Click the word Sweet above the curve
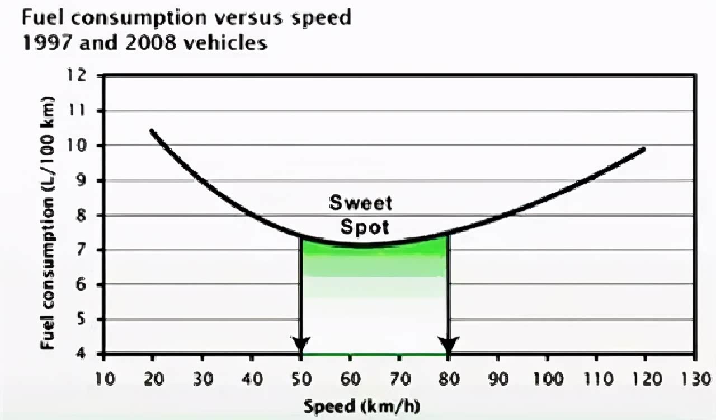pos(360,203)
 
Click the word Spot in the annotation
pos(364,227)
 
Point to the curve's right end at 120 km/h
pos(644,150)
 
